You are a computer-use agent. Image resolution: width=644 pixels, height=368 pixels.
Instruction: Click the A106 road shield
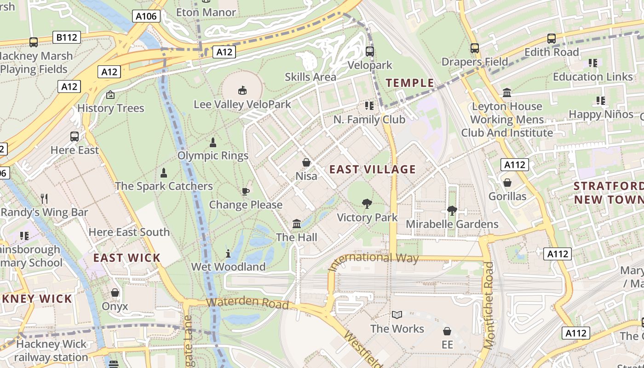[147, 17]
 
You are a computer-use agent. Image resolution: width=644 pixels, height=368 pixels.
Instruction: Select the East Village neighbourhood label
[373, 169]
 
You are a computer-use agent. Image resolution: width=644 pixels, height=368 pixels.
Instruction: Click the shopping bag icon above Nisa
[306, 162]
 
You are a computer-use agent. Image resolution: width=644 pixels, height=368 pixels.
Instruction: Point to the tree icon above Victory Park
[367, 203]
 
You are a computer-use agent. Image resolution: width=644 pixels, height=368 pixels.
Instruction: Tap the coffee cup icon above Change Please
[246, 191]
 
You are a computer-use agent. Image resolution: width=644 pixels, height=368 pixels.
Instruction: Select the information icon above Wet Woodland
[228, 253]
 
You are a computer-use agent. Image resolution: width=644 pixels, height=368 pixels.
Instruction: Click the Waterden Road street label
[247, 303]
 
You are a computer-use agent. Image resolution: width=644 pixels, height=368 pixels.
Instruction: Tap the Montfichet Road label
[489, 305]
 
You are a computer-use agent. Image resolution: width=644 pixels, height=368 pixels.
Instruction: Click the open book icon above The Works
[397, 315]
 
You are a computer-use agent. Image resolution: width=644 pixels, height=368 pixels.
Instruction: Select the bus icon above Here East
[75, 137]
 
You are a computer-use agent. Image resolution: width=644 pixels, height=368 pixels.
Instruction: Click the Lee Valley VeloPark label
[242, 104]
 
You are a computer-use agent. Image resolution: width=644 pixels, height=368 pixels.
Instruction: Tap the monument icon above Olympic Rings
[213, 142]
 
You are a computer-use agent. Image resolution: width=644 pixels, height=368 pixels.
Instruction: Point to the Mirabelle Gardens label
[452, 224]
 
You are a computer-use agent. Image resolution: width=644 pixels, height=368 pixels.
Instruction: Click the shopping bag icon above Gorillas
[507, 183]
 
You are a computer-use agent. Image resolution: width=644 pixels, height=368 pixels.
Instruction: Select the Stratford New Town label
[608, 193]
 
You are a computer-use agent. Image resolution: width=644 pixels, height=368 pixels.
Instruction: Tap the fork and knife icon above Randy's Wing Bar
[44, 199]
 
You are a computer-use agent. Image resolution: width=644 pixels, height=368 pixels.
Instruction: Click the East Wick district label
[127, 258]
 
